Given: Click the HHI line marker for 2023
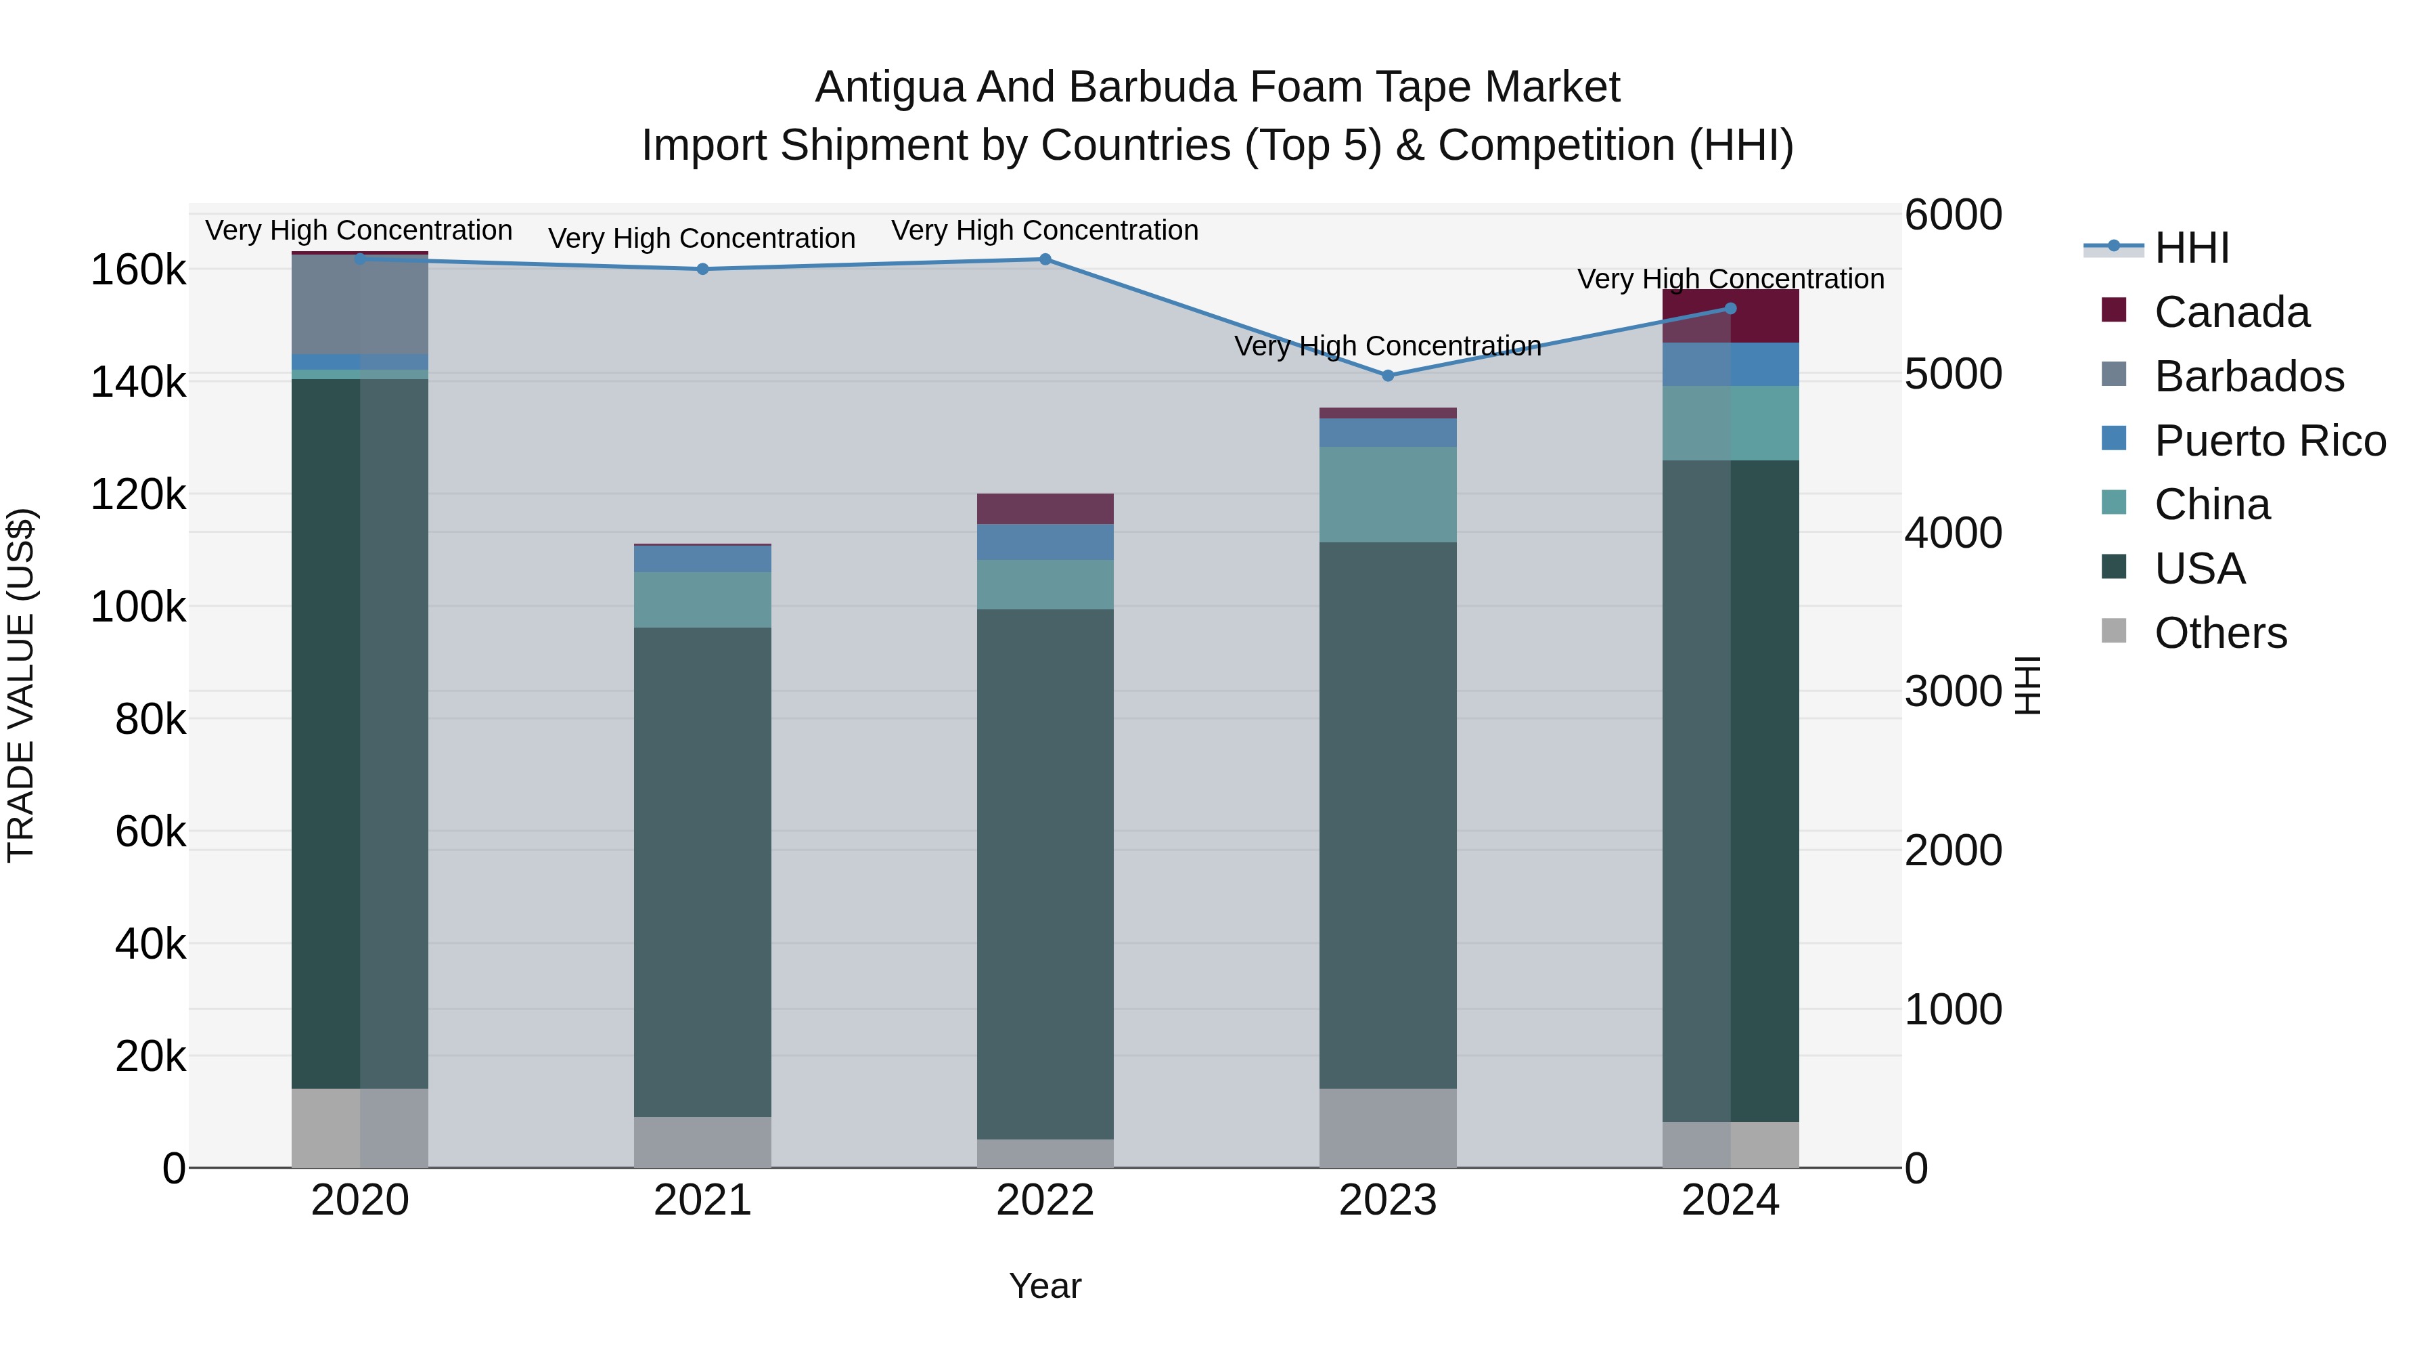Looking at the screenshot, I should [1387, 376].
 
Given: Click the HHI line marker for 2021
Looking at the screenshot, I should [702, 269].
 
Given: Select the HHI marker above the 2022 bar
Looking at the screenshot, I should [1045, 259].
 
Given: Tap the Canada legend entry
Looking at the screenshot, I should [2231, 312].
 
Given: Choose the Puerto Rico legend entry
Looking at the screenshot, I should [2269, 441].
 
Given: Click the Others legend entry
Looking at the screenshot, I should [2219, 633].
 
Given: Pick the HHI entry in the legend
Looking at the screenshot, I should [2190, 248].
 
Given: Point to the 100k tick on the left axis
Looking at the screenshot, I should [138, 607].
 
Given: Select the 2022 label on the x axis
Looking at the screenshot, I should [1045, 1200].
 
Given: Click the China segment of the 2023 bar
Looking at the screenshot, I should [1387, 494].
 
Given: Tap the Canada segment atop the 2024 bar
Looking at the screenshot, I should [1730, 316].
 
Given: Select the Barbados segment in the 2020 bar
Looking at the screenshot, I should [359, 305].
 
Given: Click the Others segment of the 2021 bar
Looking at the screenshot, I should [702, 1142].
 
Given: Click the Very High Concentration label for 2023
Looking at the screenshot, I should [1387, 346].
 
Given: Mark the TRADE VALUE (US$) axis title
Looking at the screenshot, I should [21, 685].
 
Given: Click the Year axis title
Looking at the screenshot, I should [1045, 1286].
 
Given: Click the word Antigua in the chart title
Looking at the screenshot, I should [890, 87].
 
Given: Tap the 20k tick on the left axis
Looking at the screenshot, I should [150, 1056].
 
